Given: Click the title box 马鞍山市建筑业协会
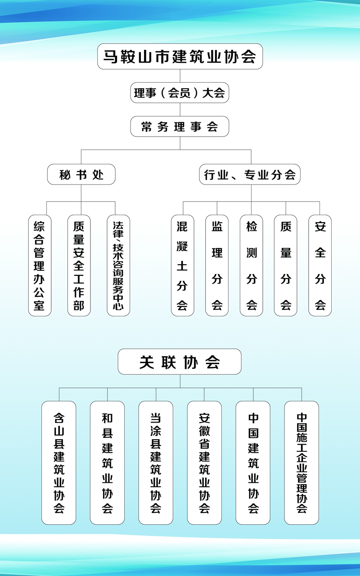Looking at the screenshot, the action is coord(180,56).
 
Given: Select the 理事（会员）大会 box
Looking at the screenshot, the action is coord(180,93).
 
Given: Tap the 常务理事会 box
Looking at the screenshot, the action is coord(180,126).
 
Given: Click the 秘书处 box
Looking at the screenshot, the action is coord(81,174).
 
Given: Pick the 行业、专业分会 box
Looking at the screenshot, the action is coord(250,174).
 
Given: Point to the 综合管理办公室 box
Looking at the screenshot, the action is coord(40,265).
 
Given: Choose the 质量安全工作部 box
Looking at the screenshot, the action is coord(79,265).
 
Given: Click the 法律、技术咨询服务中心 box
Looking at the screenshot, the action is coord(118,265).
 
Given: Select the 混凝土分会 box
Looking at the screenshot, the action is coord(183,265).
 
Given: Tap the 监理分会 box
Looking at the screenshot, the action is coord(217,265).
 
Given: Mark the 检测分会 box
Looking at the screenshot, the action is coord(251,265).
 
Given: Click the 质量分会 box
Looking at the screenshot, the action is coord(285,265).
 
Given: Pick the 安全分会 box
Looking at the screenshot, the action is coord(320,265).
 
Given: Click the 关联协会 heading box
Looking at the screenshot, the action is coord(180,361).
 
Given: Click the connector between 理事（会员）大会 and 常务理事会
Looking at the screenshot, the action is coord(180,109).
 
